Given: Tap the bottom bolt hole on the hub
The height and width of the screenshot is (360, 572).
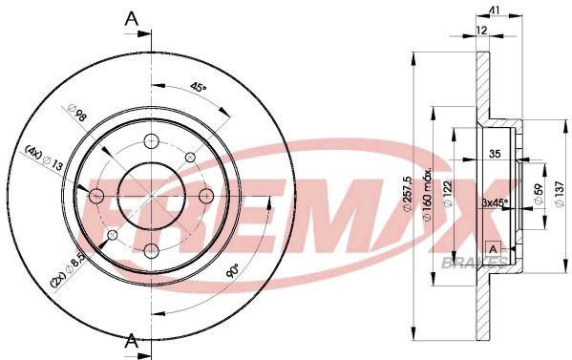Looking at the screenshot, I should [151, 251].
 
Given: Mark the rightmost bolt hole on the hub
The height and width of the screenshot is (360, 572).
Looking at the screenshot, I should [205, 196].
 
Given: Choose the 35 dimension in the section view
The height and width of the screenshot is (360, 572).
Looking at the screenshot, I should [494, 153].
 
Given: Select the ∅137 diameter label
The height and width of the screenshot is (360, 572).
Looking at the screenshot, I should [560, 198].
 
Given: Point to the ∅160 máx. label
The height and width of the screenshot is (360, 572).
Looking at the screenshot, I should [431, 194].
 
